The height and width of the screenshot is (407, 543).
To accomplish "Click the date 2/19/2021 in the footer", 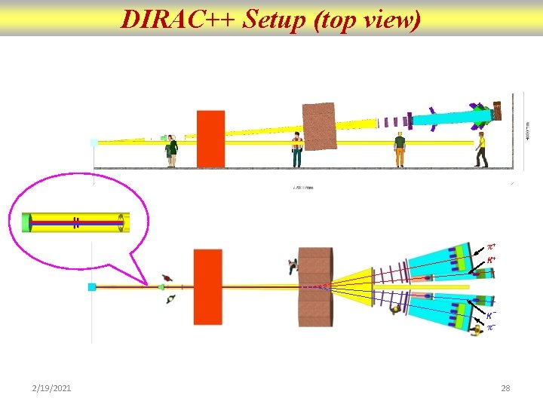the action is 52,388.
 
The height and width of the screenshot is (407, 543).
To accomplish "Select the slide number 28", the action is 505,388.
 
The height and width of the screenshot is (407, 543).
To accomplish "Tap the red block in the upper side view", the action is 210,139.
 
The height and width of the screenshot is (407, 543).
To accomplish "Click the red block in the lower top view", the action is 207,287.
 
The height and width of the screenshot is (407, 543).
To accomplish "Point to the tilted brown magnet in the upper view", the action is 319,126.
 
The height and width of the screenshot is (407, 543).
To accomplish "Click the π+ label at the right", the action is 490,247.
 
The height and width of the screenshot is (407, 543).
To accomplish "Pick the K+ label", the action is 490,259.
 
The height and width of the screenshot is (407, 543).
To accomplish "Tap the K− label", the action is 490,316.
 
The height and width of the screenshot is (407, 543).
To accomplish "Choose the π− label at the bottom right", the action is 490,329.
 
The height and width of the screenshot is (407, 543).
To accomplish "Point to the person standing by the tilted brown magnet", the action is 297,149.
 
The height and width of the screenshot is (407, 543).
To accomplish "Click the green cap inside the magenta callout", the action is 28,222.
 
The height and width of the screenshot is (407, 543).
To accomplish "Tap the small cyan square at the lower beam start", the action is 92,287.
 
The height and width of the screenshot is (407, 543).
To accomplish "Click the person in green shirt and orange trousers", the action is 399,150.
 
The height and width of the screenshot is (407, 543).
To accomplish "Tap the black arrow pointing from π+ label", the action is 476,251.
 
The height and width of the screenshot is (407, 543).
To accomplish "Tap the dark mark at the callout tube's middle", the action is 76,222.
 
